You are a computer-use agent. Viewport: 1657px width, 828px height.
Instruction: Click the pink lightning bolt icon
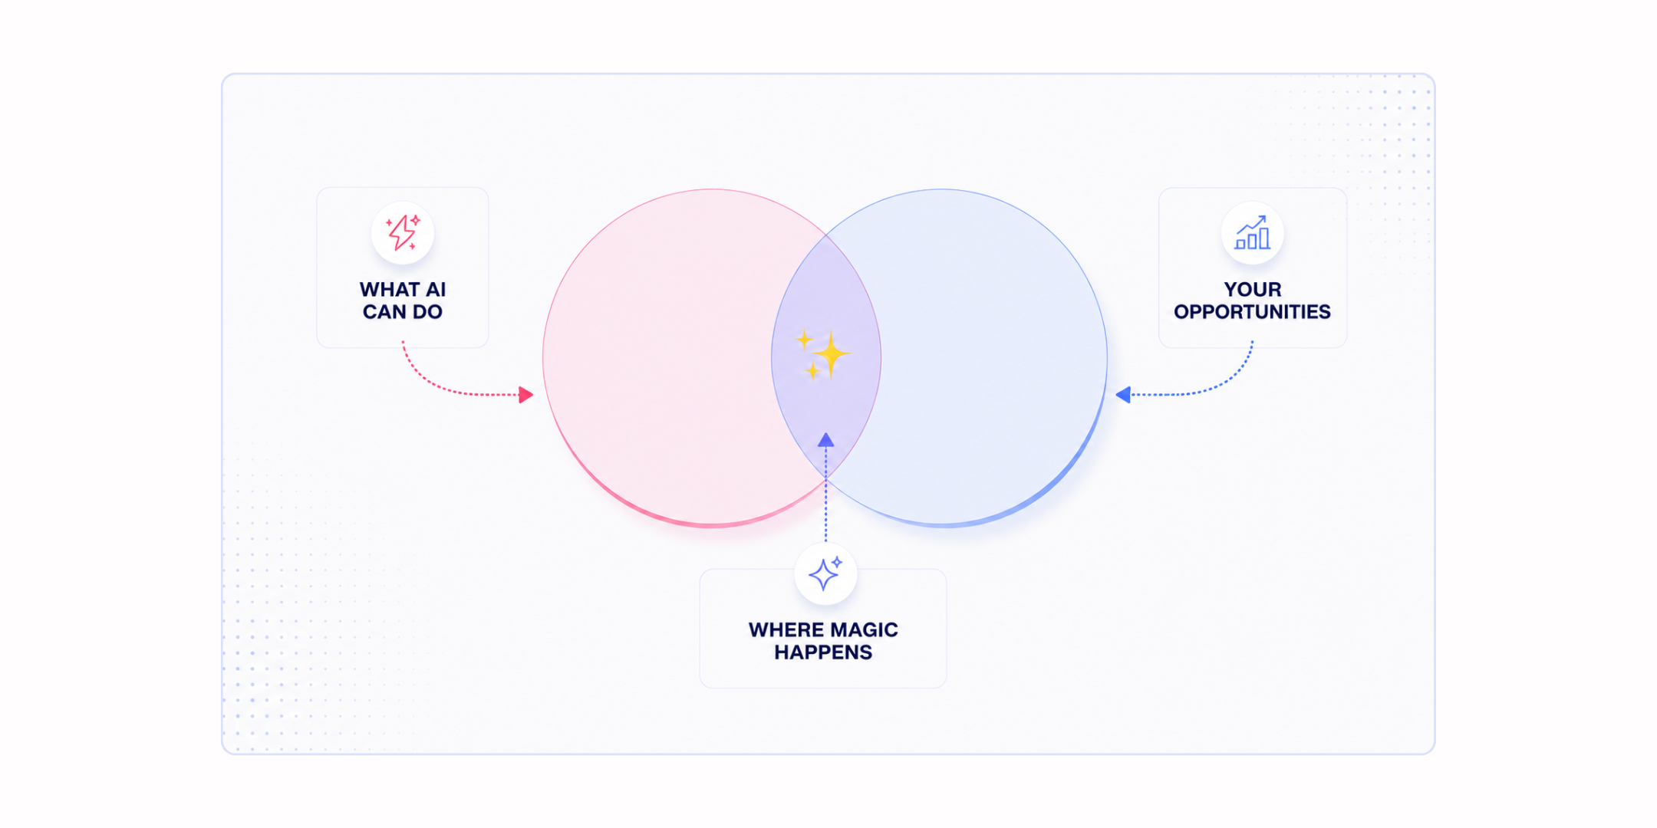click(x=403, y=233)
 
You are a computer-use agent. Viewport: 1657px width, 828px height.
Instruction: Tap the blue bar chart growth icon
click(x=1252, y=233)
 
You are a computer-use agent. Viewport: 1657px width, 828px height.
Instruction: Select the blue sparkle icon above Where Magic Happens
click(x=825, y=573)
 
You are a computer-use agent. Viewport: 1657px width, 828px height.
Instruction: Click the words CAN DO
click(x=403, y=312)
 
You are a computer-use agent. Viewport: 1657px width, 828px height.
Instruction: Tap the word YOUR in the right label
click(x=1253, y=290)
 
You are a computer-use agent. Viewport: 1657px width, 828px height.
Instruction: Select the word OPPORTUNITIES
click(x=1252, y=312)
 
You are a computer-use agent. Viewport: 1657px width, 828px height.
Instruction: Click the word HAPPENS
click(x=823, y=652)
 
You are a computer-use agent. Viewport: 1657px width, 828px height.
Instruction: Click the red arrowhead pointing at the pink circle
click(x=525, y=395)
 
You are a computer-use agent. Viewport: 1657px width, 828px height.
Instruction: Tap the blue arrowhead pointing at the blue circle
click(x=1123, y=395)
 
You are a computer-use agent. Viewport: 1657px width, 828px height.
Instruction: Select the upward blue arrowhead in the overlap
click(x=825, y=440)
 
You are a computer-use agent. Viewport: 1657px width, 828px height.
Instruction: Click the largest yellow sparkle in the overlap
click(x=831, y=354)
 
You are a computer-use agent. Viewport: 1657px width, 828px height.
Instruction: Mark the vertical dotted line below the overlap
click(x=825, y=495)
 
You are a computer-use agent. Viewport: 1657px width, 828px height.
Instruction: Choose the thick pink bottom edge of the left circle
click(x=711, y=524)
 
